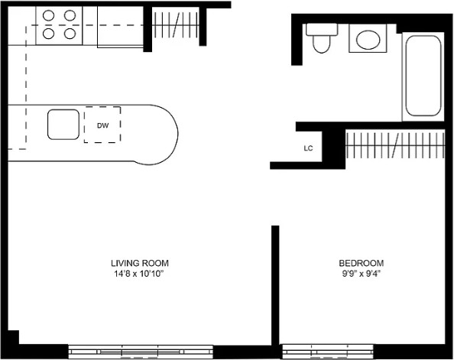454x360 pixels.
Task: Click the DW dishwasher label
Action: [102, 125]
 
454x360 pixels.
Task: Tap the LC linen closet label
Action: [308, 148]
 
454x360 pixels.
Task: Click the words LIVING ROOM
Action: [140, 263]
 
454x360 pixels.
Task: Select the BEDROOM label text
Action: [362, 263]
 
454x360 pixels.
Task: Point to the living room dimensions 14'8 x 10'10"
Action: [139, 274]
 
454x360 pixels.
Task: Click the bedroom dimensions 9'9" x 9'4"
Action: [361, 274]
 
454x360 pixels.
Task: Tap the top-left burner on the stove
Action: [48, 15]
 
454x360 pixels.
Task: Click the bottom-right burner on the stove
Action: [70, 34]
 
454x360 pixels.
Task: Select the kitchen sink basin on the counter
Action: [63, 125]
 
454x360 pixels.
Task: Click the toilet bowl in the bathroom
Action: [321, 44]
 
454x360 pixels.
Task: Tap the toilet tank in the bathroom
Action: [322, 29]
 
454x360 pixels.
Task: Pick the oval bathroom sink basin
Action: [368, 40]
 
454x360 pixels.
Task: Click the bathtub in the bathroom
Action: [423, 76]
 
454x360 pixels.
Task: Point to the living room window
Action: [141, 352]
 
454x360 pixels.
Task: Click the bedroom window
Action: [328, 352]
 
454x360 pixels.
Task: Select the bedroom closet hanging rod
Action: [395, 144]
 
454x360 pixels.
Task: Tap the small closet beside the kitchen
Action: [176, 25]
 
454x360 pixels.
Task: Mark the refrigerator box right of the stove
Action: [120, 27]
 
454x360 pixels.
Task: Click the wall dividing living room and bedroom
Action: [275, 285]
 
